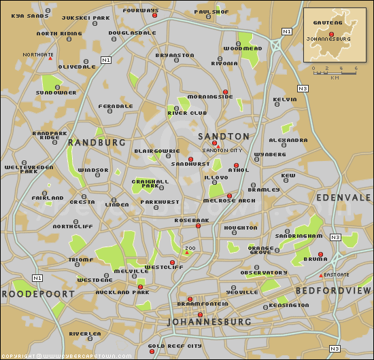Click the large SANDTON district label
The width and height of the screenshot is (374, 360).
(224, 137)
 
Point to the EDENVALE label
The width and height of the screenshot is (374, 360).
(343, 197)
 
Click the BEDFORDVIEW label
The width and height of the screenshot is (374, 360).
(332, 291)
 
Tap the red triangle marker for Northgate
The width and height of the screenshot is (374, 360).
(50, 58)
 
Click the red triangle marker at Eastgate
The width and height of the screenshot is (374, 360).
(322, 276)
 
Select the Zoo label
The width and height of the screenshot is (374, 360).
(190, 249)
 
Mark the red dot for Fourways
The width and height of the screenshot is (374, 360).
(154, 15)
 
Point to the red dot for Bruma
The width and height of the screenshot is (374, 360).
(320, 255)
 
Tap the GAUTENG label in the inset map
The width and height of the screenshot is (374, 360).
(322, 22)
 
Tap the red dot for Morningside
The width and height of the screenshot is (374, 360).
(225, 92)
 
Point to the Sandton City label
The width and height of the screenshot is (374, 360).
(222, 149)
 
